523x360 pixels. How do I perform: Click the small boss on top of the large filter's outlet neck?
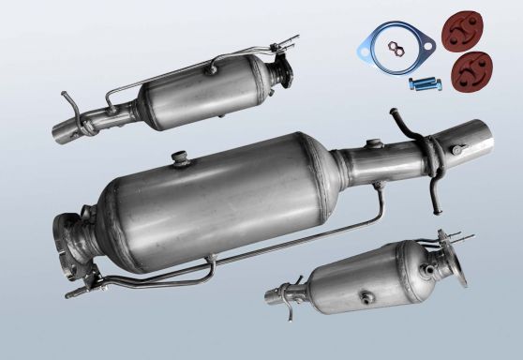(x=376, y=143)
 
